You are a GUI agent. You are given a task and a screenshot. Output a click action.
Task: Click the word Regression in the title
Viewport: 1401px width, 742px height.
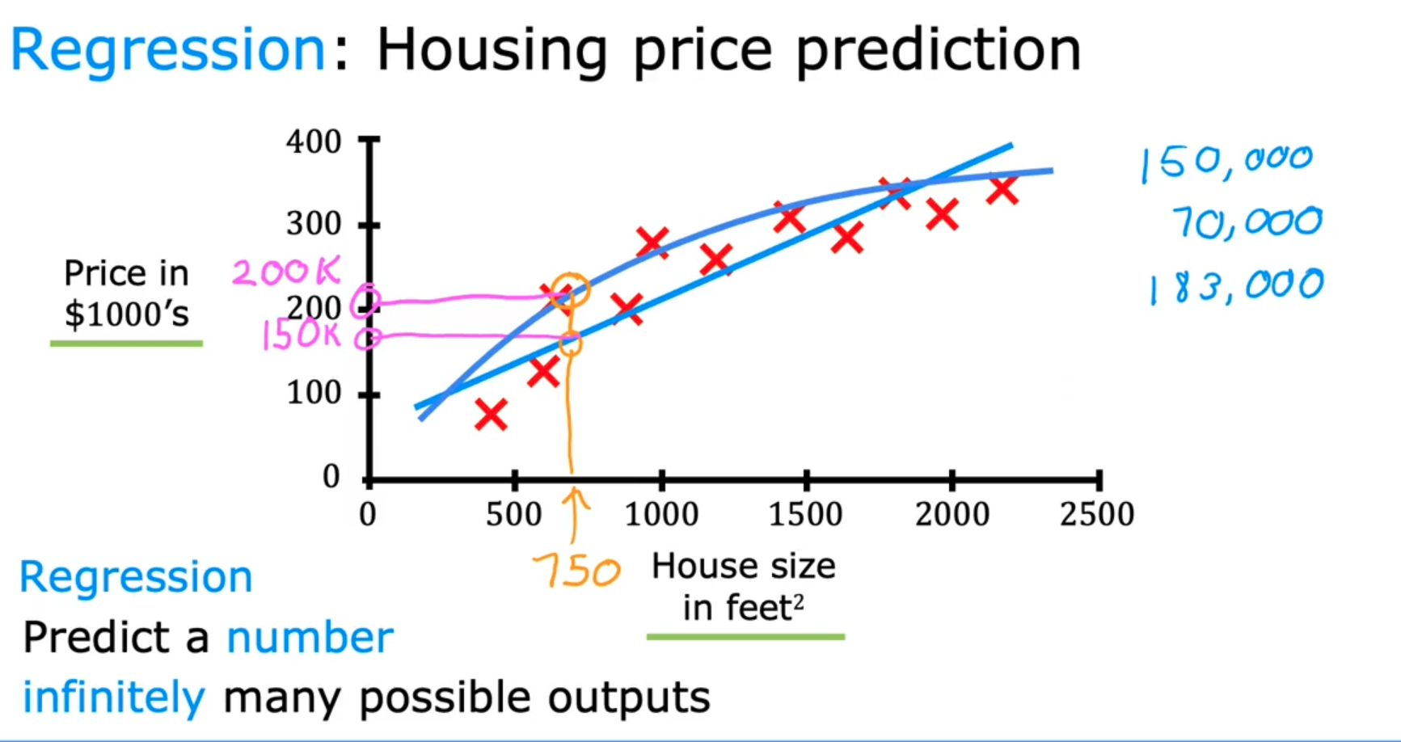[x=167, y=50]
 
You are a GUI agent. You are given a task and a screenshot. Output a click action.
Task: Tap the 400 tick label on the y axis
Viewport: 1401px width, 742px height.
[x=314, y=142]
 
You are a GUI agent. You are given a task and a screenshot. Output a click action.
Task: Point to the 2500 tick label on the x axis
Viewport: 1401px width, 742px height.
[x=1097, y=515]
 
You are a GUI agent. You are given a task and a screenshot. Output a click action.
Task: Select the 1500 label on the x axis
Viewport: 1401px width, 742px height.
[x=805, y=515]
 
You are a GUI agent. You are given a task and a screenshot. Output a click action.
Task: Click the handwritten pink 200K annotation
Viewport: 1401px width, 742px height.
[x=286, y=272]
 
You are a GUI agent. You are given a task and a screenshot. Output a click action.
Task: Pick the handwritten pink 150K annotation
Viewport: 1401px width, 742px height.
[x=301, y=334]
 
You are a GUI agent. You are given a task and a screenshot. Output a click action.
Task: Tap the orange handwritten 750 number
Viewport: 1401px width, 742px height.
[x=576, y=572]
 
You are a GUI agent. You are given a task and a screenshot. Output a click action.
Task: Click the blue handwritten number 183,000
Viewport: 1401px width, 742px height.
[x=1235, y=286]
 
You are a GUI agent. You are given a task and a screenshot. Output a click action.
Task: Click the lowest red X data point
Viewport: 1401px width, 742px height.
[x=491, y=415]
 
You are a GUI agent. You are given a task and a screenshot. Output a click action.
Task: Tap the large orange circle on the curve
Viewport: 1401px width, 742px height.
[x=571, y=290]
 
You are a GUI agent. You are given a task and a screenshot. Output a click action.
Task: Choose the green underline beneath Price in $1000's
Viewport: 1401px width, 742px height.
[x=126, y=344]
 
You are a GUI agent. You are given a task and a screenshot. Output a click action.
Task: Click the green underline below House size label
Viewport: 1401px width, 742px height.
[x=745, y=637]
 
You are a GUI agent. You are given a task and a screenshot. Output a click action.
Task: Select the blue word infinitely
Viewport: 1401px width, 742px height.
[x=113, y=698]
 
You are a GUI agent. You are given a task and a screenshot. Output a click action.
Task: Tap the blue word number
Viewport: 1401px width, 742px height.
[x=310, y=638]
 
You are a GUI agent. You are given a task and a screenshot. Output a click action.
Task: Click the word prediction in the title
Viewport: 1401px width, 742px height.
[x=938, y=50]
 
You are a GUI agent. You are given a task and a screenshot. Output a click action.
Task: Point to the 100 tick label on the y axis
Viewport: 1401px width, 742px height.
[x=314, y=394]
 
